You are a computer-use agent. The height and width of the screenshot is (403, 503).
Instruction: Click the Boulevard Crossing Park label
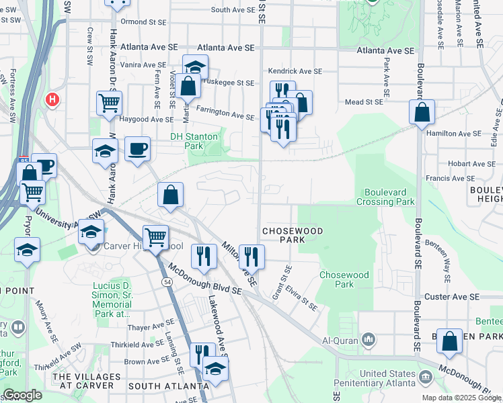tap(389, 197)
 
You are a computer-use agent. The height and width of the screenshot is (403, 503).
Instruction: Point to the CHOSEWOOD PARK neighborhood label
tap(293, 235)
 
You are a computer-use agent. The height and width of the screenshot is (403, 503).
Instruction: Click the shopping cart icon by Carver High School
tap(155, 236)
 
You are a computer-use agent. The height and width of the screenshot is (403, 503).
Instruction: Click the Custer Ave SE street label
tap(451, 296)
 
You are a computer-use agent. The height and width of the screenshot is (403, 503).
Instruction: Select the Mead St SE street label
tap(363, 101)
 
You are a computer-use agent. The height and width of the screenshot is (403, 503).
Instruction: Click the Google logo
tap(22, 395)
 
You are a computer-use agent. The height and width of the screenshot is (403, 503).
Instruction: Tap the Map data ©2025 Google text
tap(461, 398)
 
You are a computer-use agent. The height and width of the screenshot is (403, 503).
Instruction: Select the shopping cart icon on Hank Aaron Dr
tap(108, 103)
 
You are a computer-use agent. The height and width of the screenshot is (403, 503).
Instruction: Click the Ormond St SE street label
tap(143, 22)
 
